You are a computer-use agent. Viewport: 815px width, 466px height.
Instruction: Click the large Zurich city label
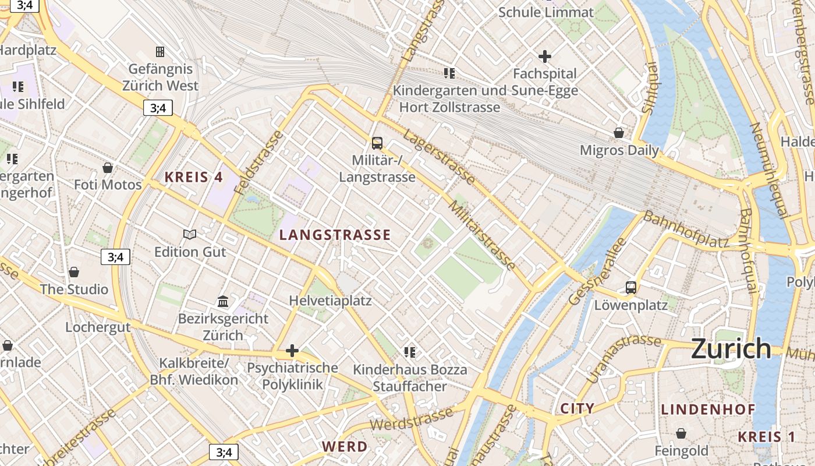click(x=731, y=349)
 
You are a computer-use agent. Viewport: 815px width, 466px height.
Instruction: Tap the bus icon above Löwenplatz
click(x=631, y=287)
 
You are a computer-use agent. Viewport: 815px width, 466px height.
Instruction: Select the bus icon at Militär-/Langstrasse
click(x=377, y=143)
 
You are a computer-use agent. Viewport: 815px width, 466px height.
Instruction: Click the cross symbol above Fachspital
click(x=545, y=57)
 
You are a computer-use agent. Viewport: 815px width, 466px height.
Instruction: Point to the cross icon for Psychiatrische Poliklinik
click(x=292, y=351)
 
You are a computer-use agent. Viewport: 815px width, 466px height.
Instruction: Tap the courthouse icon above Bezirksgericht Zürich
click(x=223, y=301)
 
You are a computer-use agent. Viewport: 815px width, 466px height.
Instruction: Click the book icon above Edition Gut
click(x=190, y=234)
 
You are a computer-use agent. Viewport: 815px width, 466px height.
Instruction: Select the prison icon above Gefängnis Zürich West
click(x=160, y=52)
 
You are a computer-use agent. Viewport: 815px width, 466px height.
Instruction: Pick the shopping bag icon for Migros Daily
click(x=619, y=133)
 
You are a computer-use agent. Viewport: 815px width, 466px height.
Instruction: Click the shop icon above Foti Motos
click(x=108, y=168)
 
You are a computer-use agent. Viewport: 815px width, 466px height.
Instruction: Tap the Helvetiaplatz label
click(x=330, y=301)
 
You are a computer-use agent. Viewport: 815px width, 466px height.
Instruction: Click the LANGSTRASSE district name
click(x=335, y=235)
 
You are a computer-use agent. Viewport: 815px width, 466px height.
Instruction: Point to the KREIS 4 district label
click(x=193, y=177)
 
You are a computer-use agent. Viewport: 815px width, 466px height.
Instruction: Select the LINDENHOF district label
click(x=708, y=409)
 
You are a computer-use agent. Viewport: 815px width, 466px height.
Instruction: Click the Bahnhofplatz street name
click(x=686, y=230)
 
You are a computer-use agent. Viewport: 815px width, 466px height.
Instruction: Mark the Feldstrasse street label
click(x=258, y=163)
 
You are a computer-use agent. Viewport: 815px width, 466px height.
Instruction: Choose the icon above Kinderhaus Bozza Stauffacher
click(x=410, y=352)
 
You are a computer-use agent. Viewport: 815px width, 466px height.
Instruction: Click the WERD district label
click(x=345, y=447)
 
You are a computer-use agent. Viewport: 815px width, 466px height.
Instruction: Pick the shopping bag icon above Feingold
click(x=681, y=433)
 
